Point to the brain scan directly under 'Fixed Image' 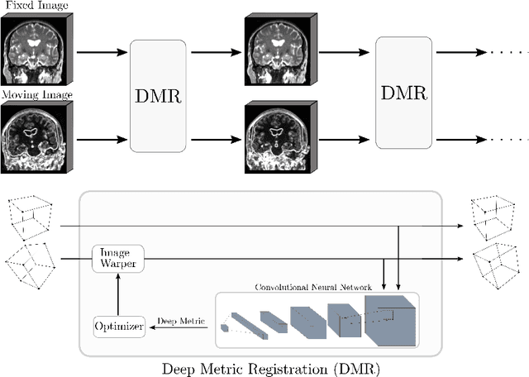click(x=36, y=48)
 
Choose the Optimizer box click(x=117, y=327)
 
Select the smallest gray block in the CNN click(x=226, y=327)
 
